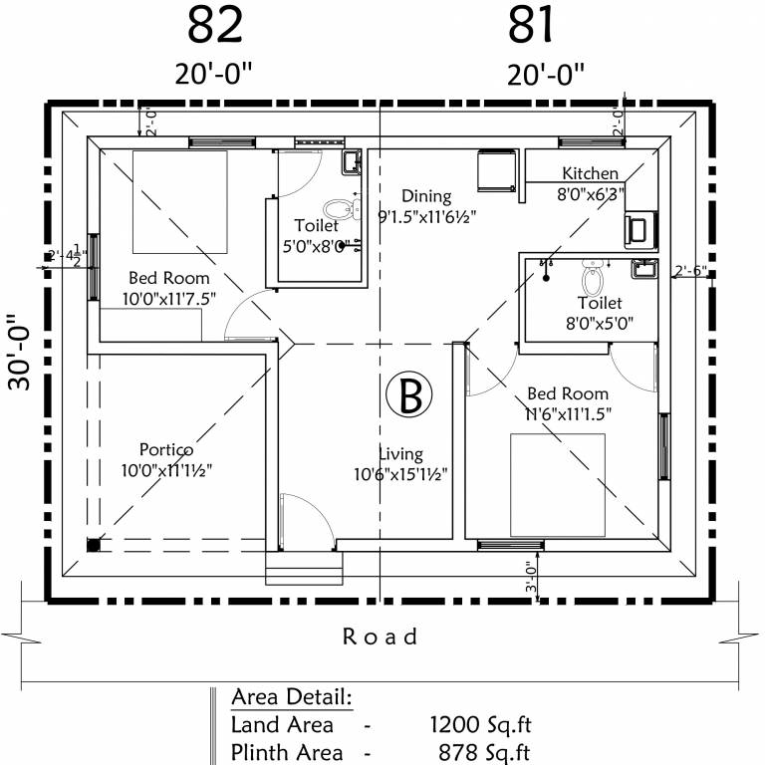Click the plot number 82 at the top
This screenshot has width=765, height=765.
[x=214, y=25]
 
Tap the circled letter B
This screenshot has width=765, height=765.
[x=409, y=395]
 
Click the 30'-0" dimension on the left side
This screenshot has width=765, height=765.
[x=22, y=354]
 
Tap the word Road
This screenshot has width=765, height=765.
[x=381, y=636]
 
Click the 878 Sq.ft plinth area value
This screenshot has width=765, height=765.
[x=483, y=752]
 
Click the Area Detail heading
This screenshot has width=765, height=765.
[x=292, y=695]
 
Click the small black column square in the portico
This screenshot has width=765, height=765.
[x=93, y=544]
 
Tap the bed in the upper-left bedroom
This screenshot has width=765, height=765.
[x=180, y=202]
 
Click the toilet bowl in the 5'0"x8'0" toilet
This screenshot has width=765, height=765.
[x=341, y=210]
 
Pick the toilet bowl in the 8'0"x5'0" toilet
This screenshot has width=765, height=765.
[x=593, y=273]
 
